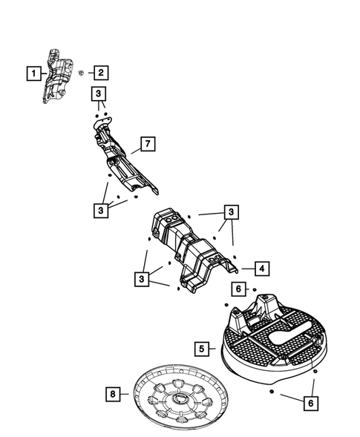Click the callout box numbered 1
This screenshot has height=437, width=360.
pyautogui.click(x=32, y=73)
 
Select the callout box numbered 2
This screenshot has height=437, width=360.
pyautogui.click(x=99, y=73)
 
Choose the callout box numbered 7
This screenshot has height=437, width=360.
pyautogui.click(x=147, y=144)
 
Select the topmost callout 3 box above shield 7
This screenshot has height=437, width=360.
pyautogui.click(x=99, y=93)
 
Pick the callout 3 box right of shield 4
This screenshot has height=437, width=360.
pyautogui.click(x=232, y=213)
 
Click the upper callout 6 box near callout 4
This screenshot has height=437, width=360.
pyautogui.click(x=237, y=289)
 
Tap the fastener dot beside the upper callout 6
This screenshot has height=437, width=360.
pyautogui.click(x=255, y=289)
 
